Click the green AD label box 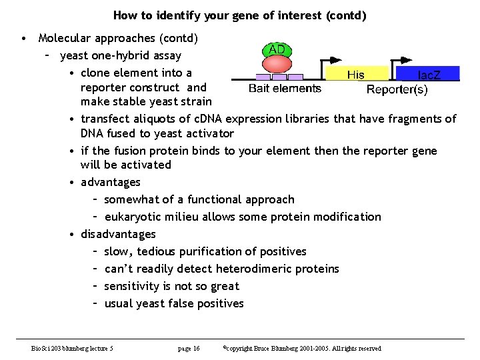[x=277, y=50]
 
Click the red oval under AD [x=277, y=65]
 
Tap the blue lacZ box [x=427, y=74]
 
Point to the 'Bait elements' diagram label [x=285, y=88]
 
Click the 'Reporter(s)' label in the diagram [x=397, y=89]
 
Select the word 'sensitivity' [x=131, y=286]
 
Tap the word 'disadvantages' [x=118, y=234]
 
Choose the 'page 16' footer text [x=189, y=349]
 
